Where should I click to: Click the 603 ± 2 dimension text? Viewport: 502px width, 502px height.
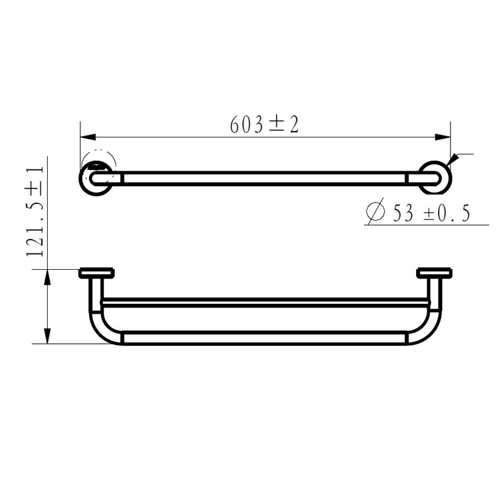click(x=264, y=124)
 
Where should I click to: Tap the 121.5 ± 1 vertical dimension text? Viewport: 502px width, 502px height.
click(x=35, y=211)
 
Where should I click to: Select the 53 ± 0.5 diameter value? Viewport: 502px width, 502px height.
click(x=432, y=213)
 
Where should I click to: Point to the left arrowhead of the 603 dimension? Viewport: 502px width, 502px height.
click(x=88, y=137)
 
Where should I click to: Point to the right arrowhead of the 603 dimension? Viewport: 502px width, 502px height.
click(x=442, y=137)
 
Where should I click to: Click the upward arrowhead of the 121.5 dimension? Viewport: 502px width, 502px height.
click(x=48, y=277)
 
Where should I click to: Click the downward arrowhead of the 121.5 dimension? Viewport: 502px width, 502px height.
click(x=48, y=336)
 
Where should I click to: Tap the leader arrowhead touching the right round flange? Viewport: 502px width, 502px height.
click(x=452, y=160)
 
